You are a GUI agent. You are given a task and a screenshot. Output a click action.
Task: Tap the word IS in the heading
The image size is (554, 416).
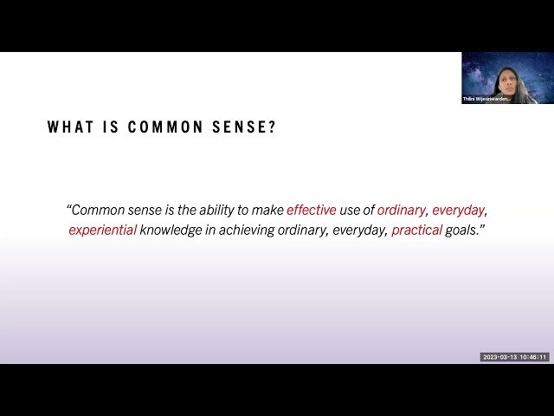(109, 127)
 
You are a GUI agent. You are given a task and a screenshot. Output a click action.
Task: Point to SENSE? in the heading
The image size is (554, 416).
(246, 127)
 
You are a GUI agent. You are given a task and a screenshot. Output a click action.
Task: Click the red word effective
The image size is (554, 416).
(312, 210)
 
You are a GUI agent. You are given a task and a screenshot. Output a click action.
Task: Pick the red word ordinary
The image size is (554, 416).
(401, 210)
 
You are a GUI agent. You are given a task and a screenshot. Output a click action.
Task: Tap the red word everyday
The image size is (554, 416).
(459, 210)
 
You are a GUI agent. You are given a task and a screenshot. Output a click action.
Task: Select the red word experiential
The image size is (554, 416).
(103, 231)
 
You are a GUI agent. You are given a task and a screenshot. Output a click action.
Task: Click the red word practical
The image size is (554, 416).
(416, 231)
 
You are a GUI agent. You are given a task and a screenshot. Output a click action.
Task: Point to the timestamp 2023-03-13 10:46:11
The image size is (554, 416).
(514, 356)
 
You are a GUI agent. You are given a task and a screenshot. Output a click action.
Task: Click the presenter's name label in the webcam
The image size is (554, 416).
(486, 100)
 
